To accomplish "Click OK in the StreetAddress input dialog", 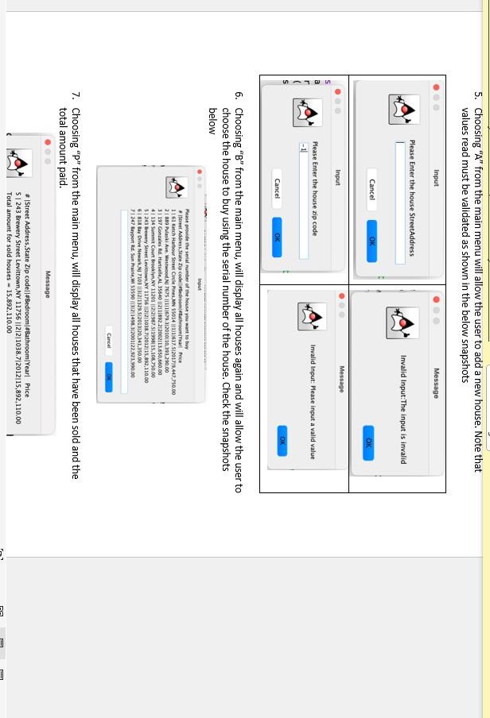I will (x=371, y=241).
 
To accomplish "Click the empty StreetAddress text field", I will (x=400, y=202).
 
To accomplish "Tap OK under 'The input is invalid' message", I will (x=368, y=442).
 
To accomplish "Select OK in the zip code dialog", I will (x=277, y=237).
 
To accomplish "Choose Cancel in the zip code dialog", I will (x=277, y=188).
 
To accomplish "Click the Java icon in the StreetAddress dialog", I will (x=404, y=109).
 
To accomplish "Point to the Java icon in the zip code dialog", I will (x=308, y=113).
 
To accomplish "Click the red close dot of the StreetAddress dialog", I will (x=436, y=87).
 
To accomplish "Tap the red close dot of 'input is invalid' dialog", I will (x=436, y=299).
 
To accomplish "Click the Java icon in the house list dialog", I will (x=177, y=187).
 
